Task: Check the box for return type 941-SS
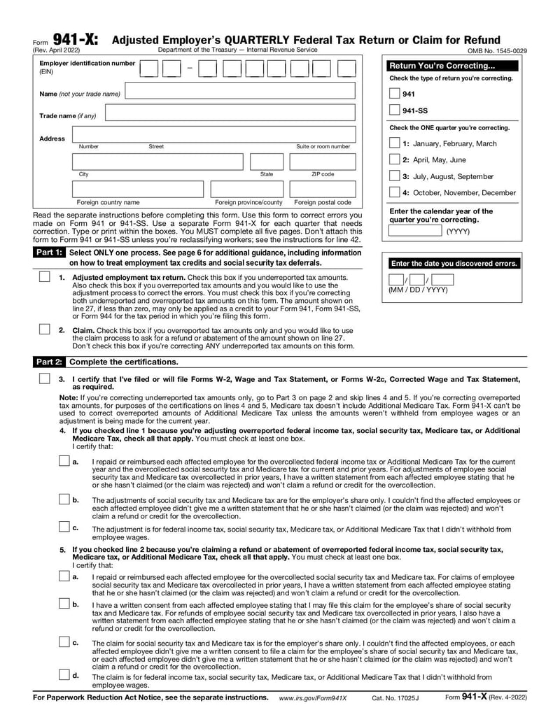click(x=394, y=111)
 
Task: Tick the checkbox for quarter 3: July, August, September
click(x=394, y=176)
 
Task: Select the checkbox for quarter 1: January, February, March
click(x=394, y=143)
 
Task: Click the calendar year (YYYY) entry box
click(x=416, y=231)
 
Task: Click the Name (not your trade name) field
click(x=240, y=93)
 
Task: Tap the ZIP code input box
click(x=323, y=162)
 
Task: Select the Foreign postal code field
click(x=323, y=189)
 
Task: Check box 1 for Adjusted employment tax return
click(x=44, y=277)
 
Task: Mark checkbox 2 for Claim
click(x=44, y=329)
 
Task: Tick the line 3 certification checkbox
click(x=44, y=378)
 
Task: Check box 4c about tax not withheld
click(x=64, y=527)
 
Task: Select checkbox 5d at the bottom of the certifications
click(x=64, y=675)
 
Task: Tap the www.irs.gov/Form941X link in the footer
click(x=313, y=698)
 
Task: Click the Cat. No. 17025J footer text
click(x=395, y=698)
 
